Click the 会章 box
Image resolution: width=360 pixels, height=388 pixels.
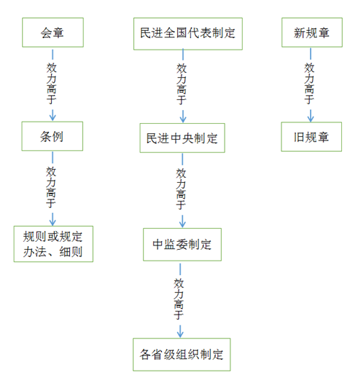(53, 32)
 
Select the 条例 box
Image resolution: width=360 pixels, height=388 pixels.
(53, 136)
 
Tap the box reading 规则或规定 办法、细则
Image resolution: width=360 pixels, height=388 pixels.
(53, 244)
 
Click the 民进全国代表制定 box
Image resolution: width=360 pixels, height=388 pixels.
(188, 34)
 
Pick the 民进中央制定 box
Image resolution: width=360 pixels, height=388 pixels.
(182, 137)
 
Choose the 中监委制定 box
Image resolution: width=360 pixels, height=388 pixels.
(182, 245)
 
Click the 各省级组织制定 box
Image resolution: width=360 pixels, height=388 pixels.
(181, 355)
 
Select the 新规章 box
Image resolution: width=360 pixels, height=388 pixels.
(312, 32)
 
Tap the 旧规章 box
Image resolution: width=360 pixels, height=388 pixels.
(312, 137)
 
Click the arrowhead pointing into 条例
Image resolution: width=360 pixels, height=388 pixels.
(53, 118)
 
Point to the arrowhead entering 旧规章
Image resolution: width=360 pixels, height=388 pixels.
(311, 118)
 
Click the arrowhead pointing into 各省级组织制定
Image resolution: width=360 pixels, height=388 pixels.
(180, 334)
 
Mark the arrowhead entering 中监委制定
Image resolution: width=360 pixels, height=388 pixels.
(182, 224)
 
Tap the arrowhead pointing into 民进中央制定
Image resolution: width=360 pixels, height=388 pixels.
(183, 119)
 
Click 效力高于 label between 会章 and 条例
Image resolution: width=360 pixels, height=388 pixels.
(51, 84)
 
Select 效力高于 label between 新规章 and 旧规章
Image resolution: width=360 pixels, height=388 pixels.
(310, 84)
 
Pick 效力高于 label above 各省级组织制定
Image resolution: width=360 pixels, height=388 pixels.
(179, 299)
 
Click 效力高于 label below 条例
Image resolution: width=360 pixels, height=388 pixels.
(51, 187)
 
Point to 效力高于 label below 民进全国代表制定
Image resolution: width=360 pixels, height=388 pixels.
(181, 84)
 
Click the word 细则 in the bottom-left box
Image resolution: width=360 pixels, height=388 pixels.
(71, 252)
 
